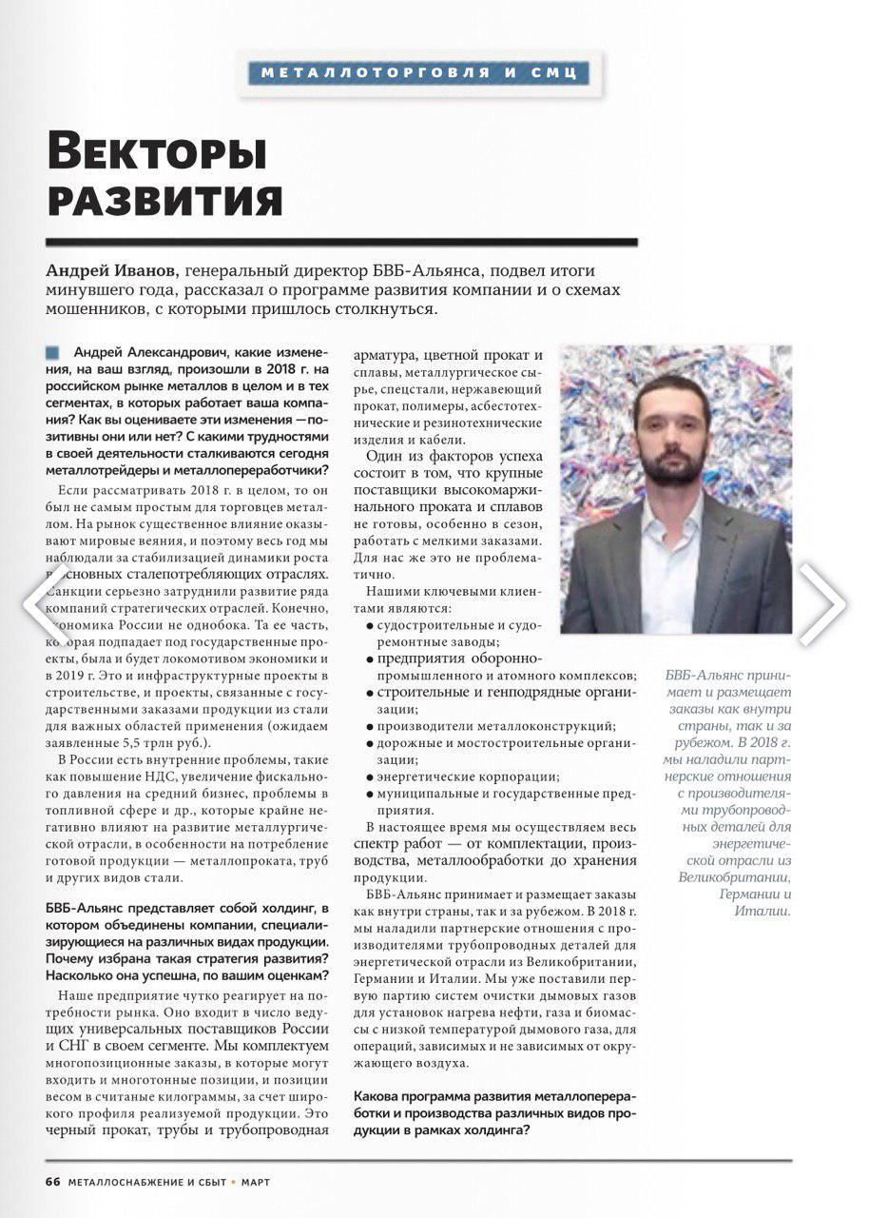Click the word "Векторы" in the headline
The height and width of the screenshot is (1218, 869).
[x=157, y=153]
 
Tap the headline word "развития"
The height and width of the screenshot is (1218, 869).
[x=164, y=200]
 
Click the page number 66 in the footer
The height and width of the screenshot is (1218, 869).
[x=52, y=1181]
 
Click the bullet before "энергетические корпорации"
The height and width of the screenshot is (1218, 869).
[x=369, y=777]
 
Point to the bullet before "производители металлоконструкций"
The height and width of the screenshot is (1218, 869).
[x=369, y=726]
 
